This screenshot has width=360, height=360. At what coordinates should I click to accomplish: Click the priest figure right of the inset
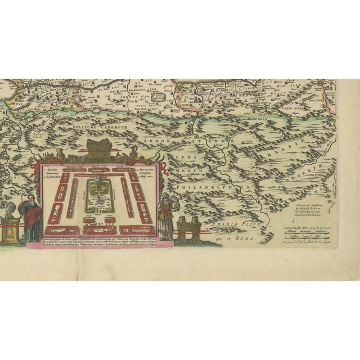point(167,214)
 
